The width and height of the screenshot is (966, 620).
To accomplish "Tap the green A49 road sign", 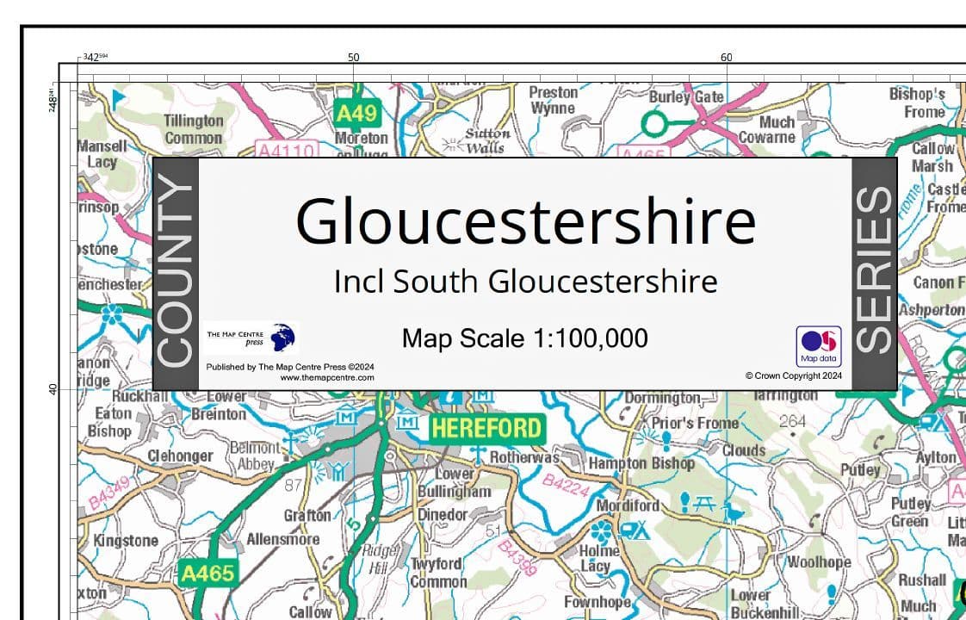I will tap(356, 113).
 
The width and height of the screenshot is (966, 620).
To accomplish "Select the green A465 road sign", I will tap(207, 572).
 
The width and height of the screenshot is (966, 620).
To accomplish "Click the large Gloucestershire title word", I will tap(525, 220).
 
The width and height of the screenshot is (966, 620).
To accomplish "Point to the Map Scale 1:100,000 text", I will tap(524, 338).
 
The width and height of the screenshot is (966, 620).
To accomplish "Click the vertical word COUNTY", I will tap(176, 273).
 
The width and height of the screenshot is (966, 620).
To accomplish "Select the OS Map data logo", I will tap(819, 345).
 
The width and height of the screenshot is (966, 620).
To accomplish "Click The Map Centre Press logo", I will tap(251, 337).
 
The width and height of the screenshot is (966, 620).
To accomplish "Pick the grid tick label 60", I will tap(726, 58).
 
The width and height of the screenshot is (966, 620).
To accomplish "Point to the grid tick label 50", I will tap(353, 58).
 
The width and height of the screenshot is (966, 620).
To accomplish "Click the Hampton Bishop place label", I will tap(641, 463).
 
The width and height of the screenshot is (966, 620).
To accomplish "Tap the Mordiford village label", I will tap(628, 505).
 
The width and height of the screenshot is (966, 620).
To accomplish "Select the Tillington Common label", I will tap(194, 129).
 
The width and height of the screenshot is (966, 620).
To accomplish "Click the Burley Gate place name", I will tap(686, 96).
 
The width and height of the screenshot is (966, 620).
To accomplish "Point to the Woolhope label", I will tap(818, 561).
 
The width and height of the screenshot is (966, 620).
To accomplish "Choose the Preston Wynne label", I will tap(553, 100).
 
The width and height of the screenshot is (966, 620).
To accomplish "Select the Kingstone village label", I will tap(126, 541).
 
